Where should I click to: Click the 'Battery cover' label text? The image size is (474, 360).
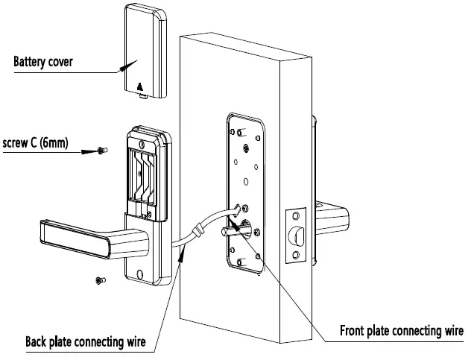pyautogui.click(x=43, y=61)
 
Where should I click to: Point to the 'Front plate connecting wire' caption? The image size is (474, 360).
pyautogui.click(x=402, y=330)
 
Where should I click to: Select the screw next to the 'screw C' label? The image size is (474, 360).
pyautogui.click(x=101, y=151)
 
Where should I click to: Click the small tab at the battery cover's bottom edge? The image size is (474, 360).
pyautogui.click(x=143, y=95)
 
